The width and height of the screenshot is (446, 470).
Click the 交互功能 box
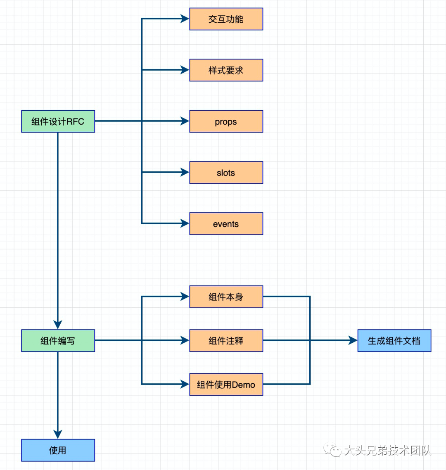pyautogui.click(x=226, y=19)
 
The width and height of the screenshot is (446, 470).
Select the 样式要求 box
pyautogui.click(x=226, y=70)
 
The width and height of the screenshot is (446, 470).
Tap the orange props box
pyautogui.click(x=226, y=121)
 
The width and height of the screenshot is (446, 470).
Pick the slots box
pyautogui.click(x=226, y=173)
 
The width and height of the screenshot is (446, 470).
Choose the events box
pyautogui.click(x=226, y=224)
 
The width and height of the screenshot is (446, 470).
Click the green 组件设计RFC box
pyautogui.click(x=58, y=121)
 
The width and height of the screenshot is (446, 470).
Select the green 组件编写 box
pyautogui.click(x=58, y=341)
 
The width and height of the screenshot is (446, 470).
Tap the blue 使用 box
pyautogui.click(x=58, y=450)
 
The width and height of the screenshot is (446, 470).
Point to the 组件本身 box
pyautogui.click(x=226, y=297)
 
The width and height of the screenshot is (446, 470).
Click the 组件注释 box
pyautogui.click(x=226, y=341)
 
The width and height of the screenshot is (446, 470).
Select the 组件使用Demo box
pyautogui.click(x=226, y=385)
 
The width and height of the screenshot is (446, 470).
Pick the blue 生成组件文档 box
pyautogui.click(x=394, y=341)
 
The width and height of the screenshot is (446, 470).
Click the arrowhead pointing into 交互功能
pyautogui.click(x=185, y=19)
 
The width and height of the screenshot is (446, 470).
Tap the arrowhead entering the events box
pyautogui.click(x=185, y=223)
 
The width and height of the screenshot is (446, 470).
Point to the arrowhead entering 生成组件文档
pyautogui.click(x=353, y=340)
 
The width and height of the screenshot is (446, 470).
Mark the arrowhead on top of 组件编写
pyautogui.click(x=58, y=324)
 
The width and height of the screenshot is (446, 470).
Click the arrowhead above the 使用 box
pyautogui.click(x=58, y=434)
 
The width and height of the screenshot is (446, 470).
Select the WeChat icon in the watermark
pyautogui.click(x=332, y=450)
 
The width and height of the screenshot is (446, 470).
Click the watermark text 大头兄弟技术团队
pyautogui.click(x=387, y=450)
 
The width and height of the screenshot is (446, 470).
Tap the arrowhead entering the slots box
pyautogui.click(x=185, y=172)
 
